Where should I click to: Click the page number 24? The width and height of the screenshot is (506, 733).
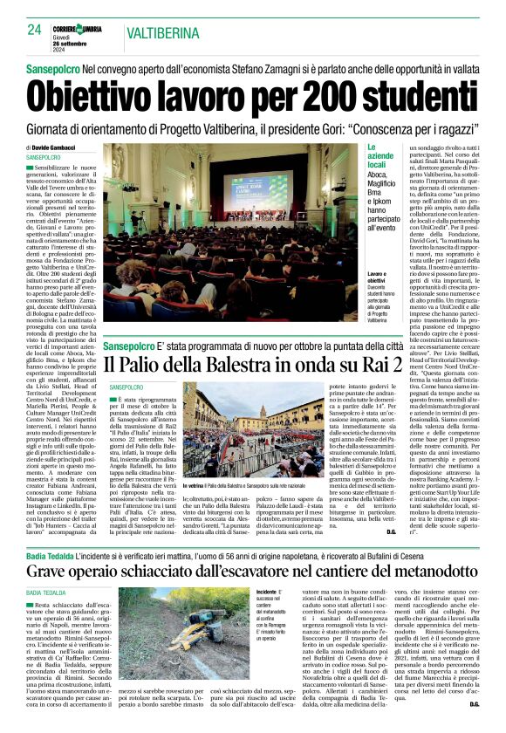(x=35, y=29)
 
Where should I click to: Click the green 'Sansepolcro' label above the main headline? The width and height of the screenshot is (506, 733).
(x=65, y=67)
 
